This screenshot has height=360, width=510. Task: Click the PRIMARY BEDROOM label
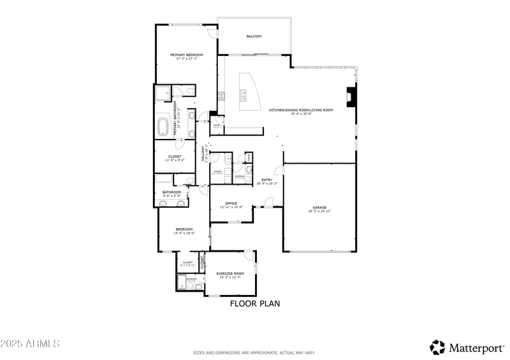pos(186,55)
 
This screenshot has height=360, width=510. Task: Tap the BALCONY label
pos(254,36)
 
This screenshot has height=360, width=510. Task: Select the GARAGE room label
pos(319,207)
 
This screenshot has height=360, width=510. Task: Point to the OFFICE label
pos(231,203)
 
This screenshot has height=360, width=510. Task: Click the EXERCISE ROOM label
pos(230,273)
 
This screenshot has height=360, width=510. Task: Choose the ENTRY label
pos(266,180)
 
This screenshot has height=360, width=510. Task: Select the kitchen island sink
pos(244,96)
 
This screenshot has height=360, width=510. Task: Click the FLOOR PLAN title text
pos(255,304)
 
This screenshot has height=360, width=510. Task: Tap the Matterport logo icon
pos(437,347)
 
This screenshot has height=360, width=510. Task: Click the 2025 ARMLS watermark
pos(30,344)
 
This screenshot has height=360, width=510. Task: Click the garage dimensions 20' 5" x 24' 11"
pos(319,211)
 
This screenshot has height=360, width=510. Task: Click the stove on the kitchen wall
pos(221,97)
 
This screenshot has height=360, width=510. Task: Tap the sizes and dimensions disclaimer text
pos(254,352)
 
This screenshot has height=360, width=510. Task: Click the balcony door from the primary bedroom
pos(212,32)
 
